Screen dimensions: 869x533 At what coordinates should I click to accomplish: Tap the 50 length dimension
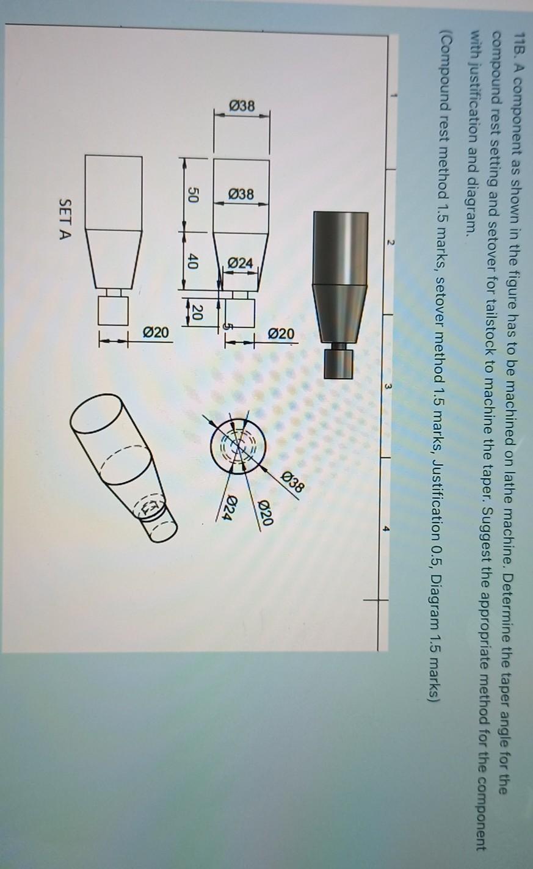pos(193,196)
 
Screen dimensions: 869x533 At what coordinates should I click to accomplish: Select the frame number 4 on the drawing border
pos(386,529)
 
